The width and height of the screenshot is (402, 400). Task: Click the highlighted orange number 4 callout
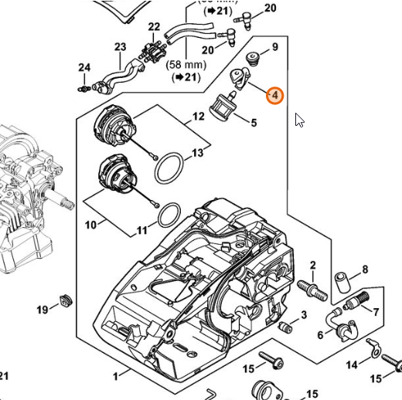click(x=274, y=96)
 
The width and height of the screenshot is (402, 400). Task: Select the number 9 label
click(x=275, y=47)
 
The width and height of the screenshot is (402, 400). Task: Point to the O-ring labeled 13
click(x=169, y=168)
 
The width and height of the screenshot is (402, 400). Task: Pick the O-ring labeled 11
click(x=169, y=215)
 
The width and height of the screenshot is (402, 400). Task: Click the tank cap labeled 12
click(x=114, y=127)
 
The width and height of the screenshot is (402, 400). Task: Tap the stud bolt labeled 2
click(x=312, y=290)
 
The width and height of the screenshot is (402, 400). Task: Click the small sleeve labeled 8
click(x=342, y=283)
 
